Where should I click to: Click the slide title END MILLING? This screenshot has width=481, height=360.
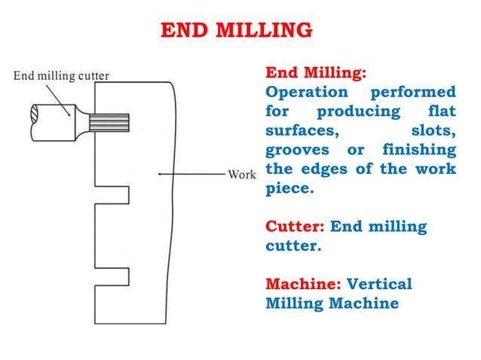click(x=237, y=30)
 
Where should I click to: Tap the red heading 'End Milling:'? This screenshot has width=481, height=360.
click(x=316, y=73)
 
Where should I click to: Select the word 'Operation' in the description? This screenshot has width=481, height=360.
click(x=307, y=92)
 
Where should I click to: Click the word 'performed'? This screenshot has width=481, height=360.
click(x=413, y=92)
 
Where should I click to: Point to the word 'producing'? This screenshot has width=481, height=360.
click(x=358, y=111)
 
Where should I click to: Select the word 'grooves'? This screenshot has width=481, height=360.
click(x=297, y=150)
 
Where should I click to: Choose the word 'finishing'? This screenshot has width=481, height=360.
click(x=418, y=149)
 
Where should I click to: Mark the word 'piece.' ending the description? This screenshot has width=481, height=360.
click(x=288, y=188)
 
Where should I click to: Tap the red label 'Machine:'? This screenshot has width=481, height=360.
click(x=303, y=284)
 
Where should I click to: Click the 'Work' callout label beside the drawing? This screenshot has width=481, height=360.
click(x=242, y=175)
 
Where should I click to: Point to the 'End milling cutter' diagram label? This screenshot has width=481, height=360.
click(x=61, y=75)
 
